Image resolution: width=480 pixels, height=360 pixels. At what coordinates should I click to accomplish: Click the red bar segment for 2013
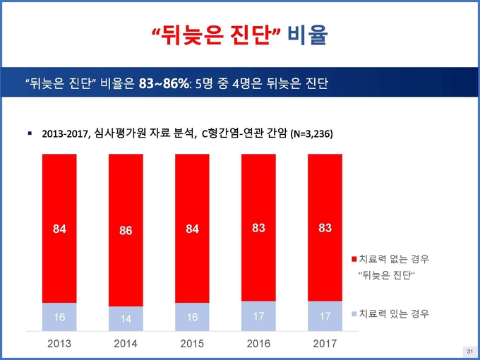[59, 229]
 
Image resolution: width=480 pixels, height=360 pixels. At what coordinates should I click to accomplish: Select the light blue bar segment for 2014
[126, 318]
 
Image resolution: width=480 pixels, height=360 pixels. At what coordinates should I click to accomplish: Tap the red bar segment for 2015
[192, 229]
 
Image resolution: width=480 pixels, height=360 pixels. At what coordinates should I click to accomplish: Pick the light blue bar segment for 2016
[258, 316]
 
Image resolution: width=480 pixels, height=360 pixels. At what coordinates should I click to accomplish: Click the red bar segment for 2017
[325, 228]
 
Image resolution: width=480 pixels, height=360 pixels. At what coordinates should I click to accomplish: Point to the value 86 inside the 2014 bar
[126, 231]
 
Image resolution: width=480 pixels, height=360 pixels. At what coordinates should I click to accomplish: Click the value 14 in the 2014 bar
[126, 319]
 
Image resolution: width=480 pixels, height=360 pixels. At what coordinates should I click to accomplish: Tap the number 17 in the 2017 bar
[325, 316]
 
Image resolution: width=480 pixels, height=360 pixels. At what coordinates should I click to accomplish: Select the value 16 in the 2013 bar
[59, 317]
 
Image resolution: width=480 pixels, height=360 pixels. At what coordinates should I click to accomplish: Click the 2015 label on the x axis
[192, 344]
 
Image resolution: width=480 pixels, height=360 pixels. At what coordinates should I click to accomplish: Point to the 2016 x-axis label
[258, 344]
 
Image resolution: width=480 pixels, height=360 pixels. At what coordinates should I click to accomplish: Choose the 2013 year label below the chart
[59, 344]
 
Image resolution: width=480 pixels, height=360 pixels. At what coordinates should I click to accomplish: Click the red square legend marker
[354, 260]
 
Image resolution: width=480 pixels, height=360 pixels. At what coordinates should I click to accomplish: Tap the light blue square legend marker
[354, 314]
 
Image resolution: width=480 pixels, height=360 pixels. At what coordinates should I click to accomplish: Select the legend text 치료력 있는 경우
[394, 314]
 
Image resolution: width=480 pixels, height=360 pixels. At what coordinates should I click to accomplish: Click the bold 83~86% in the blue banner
[164, 83]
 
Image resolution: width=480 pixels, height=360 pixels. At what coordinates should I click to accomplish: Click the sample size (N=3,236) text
[311, 134]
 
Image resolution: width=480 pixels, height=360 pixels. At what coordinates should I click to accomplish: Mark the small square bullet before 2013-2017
[30, 133]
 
